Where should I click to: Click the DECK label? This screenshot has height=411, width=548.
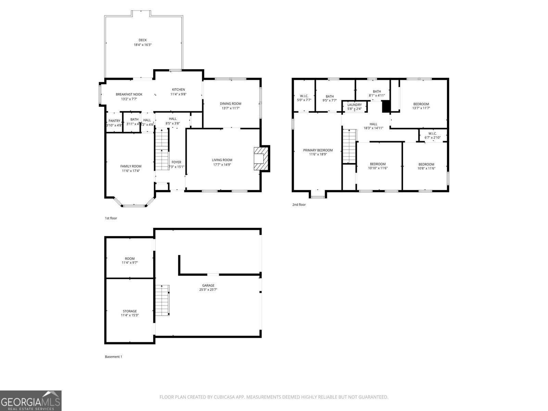[x=142, y=40]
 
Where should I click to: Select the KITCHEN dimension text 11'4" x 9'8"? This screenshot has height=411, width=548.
[x=178, y=94]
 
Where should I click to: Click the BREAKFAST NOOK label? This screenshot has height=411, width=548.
[x=129, y=95]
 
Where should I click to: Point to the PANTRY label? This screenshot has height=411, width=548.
[x=114, y=121]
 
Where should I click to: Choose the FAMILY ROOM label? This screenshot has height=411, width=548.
[x=130, y=166]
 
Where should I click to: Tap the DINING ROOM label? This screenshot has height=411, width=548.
[x=231, y=104]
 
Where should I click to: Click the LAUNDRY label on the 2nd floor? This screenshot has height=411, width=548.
[x=354, y=105]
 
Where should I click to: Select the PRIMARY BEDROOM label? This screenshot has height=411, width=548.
[x=318, y=150]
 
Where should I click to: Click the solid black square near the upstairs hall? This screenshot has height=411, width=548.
[x=386, y=106]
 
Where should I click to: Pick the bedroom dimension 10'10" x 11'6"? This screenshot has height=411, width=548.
[x=377, y=168]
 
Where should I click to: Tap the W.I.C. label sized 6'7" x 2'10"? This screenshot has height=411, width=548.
[x=432, y=134]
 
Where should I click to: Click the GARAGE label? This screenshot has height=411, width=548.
[x=208, y=285]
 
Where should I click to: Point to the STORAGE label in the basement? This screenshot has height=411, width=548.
[x=130, y=311]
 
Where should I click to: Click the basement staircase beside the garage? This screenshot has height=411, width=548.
[x=162, y=300]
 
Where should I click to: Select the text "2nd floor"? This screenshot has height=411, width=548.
[x=299, y=205]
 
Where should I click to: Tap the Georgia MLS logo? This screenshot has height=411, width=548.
[x=30, y=400]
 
